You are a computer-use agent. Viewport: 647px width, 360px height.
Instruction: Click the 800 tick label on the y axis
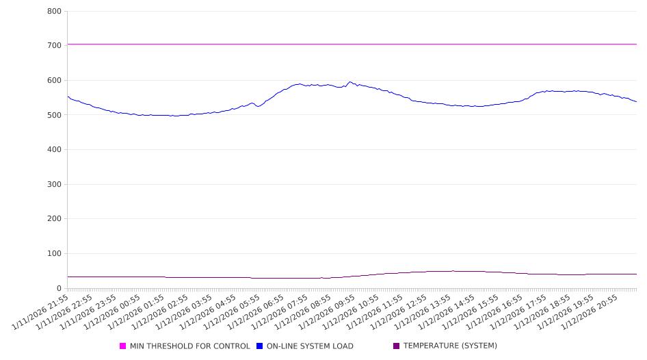54,12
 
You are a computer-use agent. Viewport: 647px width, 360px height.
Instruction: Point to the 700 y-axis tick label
54,46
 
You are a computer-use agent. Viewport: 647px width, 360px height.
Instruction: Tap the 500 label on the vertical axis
54,115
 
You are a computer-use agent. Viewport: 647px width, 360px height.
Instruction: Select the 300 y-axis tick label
54,184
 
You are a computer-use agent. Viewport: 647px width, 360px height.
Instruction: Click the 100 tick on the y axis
54,254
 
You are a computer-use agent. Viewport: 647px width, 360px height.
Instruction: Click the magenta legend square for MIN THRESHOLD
123,346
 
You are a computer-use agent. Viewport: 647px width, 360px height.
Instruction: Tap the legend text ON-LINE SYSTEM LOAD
310,346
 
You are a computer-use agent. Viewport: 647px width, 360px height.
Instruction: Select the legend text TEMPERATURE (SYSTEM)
450,346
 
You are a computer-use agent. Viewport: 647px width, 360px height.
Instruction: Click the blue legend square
260,346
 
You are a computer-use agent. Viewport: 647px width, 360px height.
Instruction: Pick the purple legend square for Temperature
397,346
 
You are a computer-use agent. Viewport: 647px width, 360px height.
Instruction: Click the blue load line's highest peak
350,82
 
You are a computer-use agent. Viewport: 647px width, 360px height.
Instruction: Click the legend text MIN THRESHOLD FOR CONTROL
190,346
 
